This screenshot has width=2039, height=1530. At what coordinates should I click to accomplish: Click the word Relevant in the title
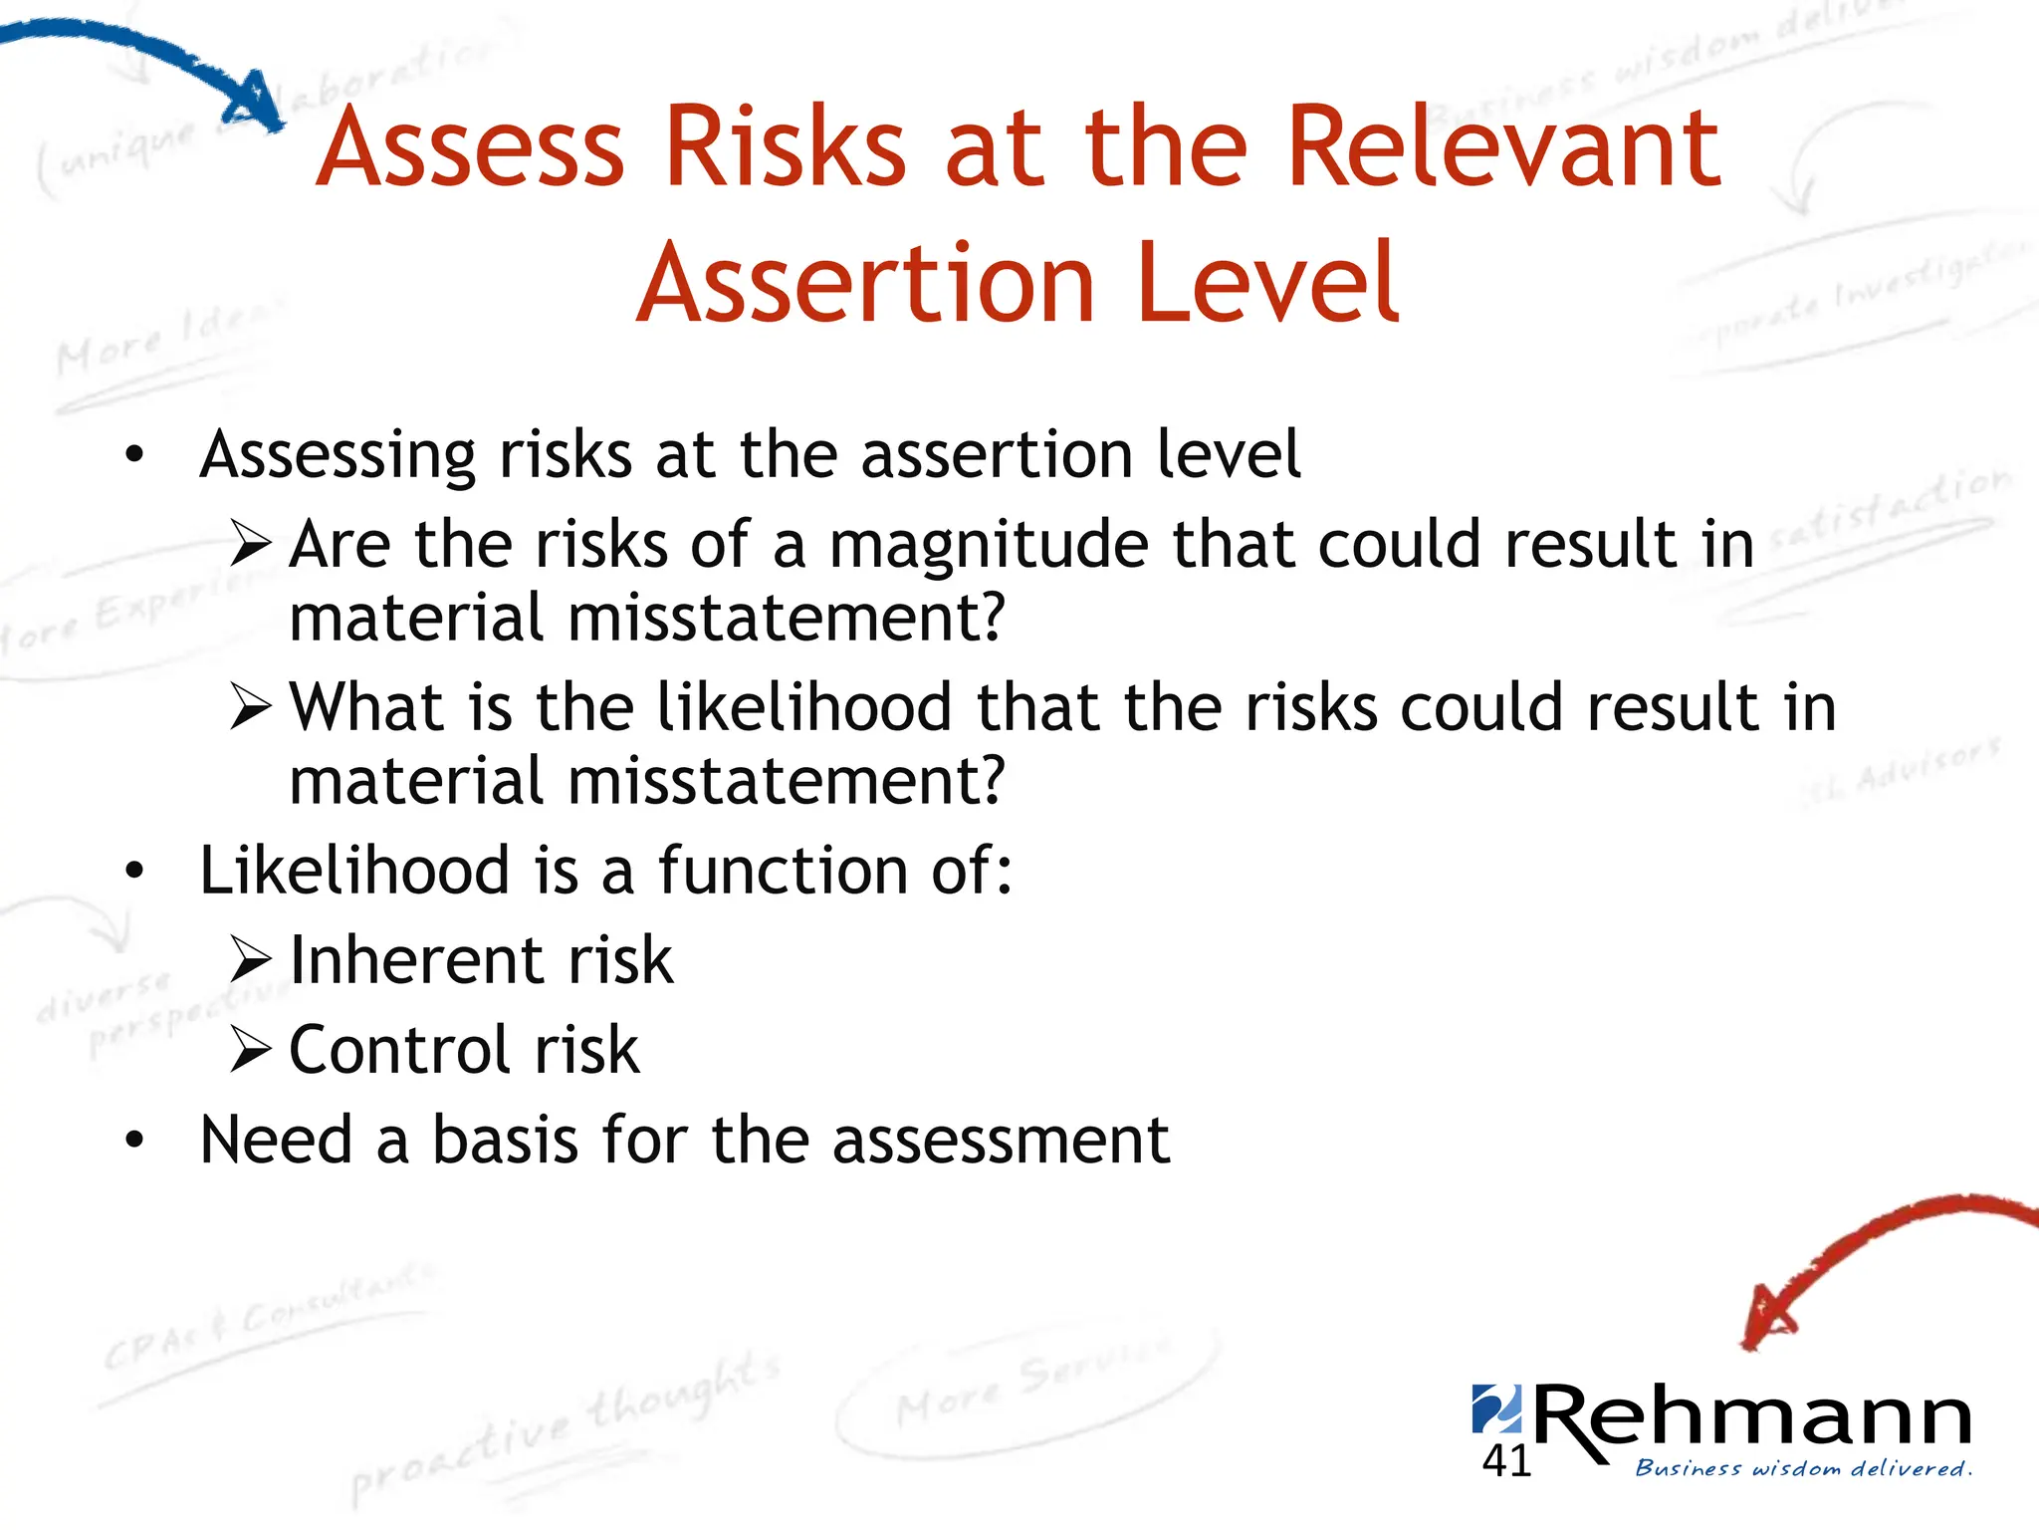(1503, 149)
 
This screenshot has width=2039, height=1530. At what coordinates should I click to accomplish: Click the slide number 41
(1505, 1461)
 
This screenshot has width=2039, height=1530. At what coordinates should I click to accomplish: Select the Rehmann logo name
(1752, 1419)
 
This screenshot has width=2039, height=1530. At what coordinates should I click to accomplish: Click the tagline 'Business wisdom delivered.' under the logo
(1803, 1468)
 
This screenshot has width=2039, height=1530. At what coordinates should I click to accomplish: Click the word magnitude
(989, 546)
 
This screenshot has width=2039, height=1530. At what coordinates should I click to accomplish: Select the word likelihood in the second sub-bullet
(804, 708)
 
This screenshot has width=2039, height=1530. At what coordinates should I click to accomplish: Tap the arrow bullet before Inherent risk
(250, 960)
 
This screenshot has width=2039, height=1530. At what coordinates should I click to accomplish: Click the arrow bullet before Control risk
(250, 1050)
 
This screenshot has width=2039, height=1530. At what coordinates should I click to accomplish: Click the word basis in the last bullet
(505, 1140)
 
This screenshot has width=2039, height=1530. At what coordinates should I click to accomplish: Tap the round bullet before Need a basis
(135, 1140)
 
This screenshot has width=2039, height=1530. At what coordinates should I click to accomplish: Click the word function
(783, 871)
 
